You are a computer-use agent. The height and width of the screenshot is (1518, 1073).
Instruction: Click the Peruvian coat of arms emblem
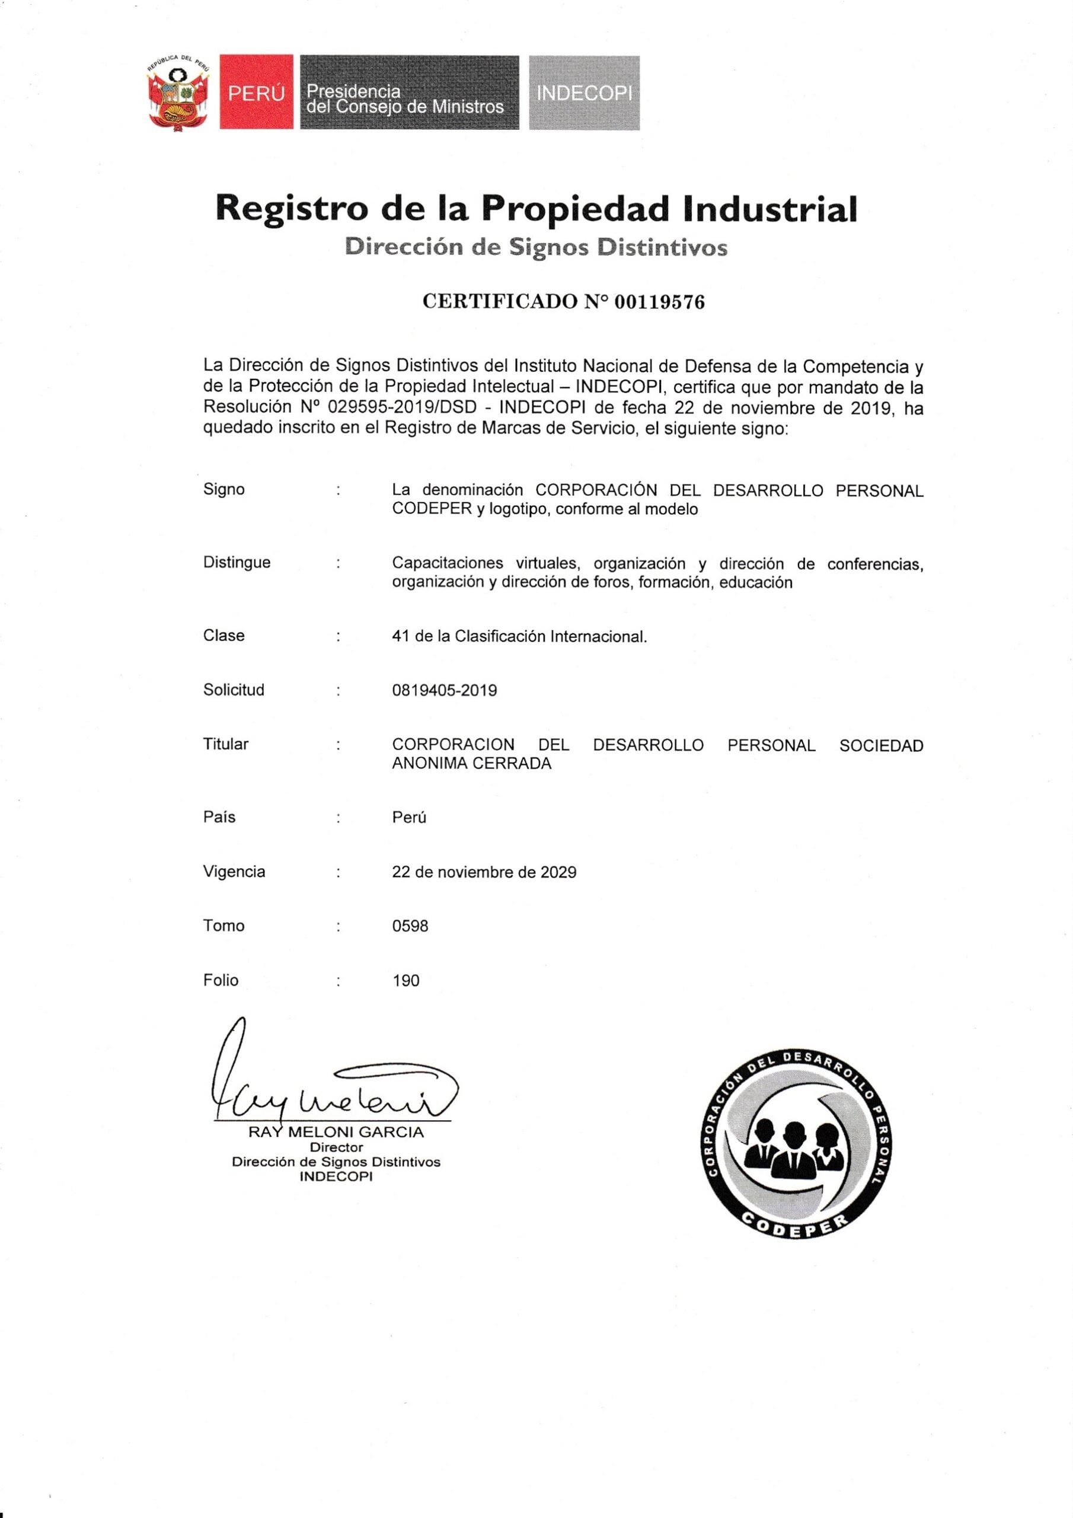(x=177, y=93)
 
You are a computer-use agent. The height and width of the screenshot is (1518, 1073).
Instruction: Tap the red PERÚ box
(x=257, y=93)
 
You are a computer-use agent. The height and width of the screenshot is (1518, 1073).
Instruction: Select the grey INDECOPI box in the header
(x=584, y=93)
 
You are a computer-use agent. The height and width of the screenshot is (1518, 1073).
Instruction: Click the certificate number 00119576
(x=659, y=302)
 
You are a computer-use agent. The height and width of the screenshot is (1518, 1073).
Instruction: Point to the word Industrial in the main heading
(x=770, y=208)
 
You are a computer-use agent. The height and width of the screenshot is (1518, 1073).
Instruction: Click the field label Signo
(x=223, y=489)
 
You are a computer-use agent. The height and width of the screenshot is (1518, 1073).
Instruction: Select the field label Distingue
(x=237, y=562)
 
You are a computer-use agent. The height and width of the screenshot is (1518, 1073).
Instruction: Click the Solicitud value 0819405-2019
(x=444, y=690)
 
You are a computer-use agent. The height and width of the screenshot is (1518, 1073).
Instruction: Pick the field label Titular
(x=225, y=744)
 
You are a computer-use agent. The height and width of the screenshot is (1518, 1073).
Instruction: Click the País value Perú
(x=408, y=817)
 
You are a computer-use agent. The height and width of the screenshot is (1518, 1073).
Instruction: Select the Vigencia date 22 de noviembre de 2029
(x=484, y=872)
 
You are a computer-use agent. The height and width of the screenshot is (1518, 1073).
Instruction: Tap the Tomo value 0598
(x=410, y=926)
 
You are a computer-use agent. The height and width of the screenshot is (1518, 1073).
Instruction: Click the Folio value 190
(x=406, y=981)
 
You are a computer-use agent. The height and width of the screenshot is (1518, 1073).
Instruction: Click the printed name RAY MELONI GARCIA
(x=336, y=1133)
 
